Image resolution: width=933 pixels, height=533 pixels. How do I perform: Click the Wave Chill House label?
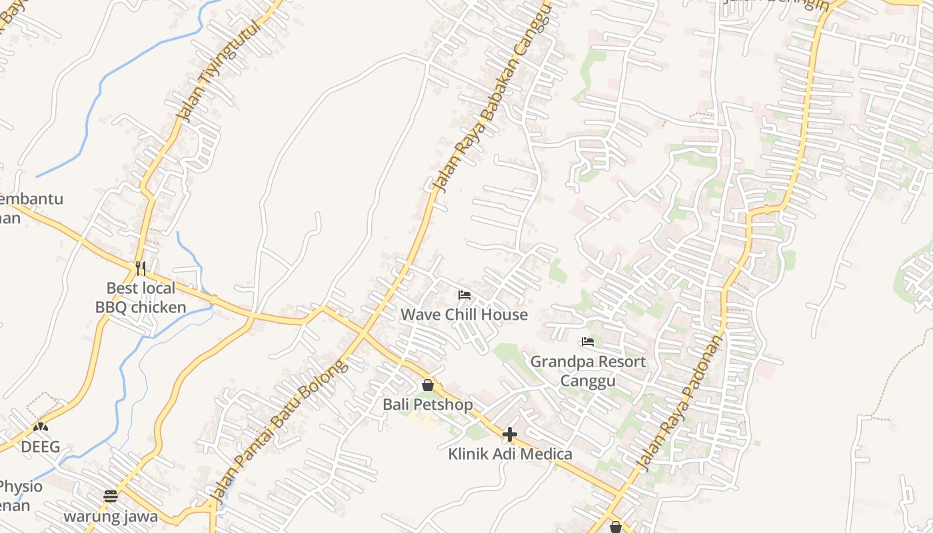pyautogui.click(x=464, y=314)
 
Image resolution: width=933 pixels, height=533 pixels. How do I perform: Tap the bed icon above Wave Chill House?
pyautogui.click(x=465, y=294)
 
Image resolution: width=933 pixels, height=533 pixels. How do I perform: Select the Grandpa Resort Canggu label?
pyautogui.click(x=588, y=371)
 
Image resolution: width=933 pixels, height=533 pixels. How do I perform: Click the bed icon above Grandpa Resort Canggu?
pyautogui.click(x=587, y=342)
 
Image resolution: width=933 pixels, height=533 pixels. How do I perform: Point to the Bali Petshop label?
pyautogui.click(x=427, y=404)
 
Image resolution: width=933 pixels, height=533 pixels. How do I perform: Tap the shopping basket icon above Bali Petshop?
pyautogui.click(x=427, y=385)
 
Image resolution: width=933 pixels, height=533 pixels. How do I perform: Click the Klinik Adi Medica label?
pyautogui.click(x=510, y=454)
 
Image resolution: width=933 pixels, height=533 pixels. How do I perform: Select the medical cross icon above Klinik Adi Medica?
pyautogui.click(x=510, y=435)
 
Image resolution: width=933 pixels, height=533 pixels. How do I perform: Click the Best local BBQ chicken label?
pyautogui.click(x=141, y=297)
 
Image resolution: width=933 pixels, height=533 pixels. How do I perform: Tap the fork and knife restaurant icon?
pyautogui.click(x=141, y=268)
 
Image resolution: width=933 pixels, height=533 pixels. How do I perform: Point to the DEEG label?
pyautogui.click(x=40, y=446)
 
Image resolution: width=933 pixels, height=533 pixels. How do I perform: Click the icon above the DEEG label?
pyautogui.click(x=41, y=426)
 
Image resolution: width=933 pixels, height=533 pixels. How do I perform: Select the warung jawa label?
pyautogui.click(x=111, y=516)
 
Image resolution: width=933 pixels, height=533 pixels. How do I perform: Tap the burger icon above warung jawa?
pyautogui.click(x=111, y=496)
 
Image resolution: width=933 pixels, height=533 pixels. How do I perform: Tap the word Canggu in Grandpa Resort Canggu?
pyautogui.click(x=588, y=380)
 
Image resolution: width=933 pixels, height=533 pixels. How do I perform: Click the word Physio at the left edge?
pyautogui.click(x=20, y=486)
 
